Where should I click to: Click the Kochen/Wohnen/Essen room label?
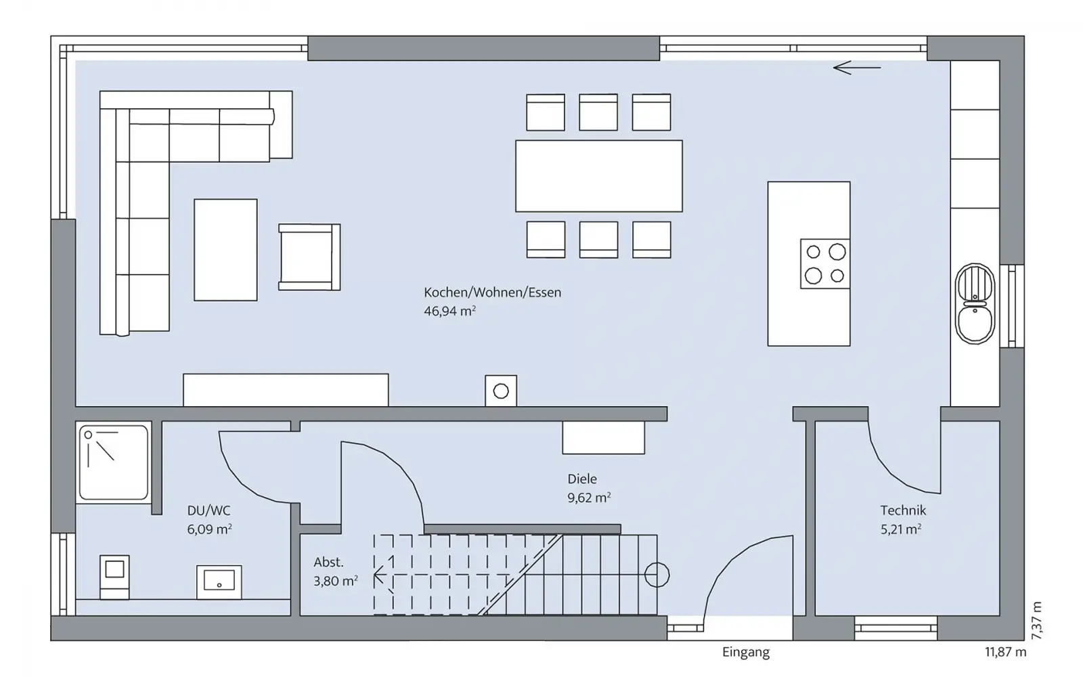pos(492,292)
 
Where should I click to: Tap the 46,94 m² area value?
pos(449,311)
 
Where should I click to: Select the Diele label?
pos(582,479)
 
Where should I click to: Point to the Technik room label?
pos(903,510)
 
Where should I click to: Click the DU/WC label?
pos(209,510)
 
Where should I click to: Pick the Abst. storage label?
pos(329,562)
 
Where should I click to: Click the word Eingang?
pos(746,653)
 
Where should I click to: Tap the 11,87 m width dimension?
pos(1006,652)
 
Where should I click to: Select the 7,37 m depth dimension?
pos(1036,620)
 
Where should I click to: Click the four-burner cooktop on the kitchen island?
pos(825,264)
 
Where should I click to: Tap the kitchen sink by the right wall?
pos(975,304)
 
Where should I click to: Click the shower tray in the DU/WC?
pos(114,462)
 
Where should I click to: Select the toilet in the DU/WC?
pos(114,577)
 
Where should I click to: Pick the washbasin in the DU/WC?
pos(219,582)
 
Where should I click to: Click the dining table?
pos(599,176)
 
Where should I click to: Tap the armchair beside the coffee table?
pos(309,257)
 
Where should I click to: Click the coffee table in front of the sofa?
pos(226,250)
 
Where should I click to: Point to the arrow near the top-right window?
pos(857,68)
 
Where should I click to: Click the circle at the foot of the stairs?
pos(657,575)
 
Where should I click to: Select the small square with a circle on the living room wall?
pos(501,391)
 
